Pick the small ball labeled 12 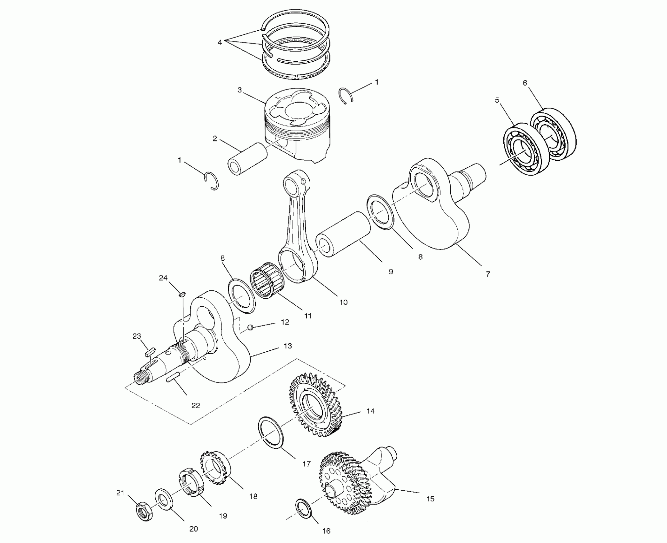[x=251, y=327]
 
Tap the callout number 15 [x=430, y=499]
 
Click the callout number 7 [x=488, y=274]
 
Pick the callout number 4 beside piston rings [x=220, y=42]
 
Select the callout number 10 [x=343, y=302]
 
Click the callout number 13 [x=288, y=346]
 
